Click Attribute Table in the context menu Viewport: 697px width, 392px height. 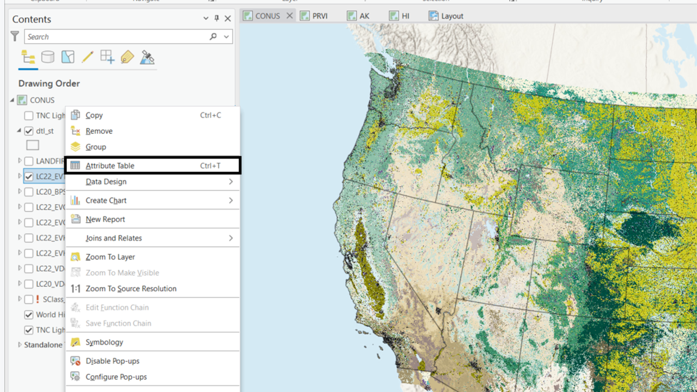(110, 166)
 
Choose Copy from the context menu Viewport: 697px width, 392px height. (94, 115)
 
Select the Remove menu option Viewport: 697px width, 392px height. (99, 131)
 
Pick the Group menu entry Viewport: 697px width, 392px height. (96, 147)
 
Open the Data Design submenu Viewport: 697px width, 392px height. (106, 182)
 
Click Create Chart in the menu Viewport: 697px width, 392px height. (106, 200)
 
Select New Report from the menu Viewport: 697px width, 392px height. (105, 219)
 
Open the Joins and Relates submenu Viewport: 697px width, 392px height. (114, 238)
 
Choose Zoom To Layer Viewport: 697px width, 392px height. (110, 257)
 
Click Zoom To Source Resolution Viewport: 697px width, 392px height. (131, 289)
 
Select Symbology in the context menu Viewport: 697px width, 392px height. (104, 342)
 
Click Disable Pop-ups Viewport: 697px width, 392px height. (112, 361)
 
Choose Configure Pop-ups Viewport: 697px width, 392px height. (116, 377)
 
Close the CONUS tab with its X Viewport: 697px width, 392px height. (290, 16)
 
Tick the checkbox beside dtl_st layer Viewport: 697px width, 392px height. (29, 131)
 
